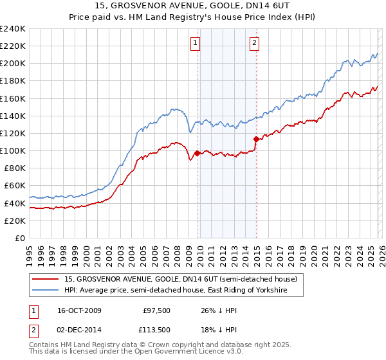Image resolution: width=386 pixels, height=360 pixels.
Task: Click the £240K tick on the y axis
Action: click(x=13, y=29)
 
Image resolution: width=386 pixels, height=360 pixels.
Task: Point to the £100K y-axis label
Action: click(x=13, y=150)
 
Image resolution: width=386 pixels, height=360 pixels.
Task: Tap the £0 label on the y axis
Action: click(x=21, y=238)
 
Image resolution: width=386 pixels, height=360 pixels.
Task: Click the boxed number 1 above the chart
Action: click(x=195, y=43)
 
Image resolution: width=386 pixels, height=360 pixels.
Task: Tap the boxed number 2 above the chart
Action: click(x=255, y=43)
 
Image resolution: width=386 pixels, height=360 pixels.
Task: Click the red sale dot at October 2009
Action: click(x=197, y=153)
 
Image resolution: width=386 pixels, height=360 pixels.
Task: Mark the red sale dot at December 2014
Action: click(x=256, y=139)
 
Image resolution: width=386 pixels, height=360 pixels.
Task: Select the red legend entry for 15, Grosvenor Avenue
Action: click(x=181, y=279)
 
